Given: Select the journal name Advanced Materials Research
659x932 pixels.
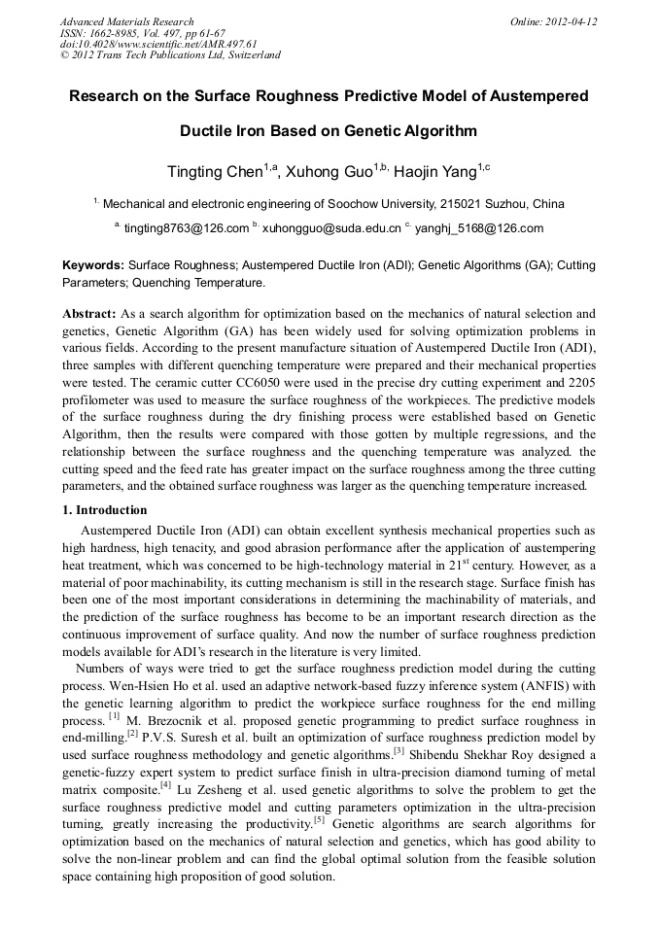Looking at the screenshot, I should click(126, 21).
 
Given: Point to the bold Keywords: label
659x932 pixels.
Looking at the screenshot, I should click(93, 264).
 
